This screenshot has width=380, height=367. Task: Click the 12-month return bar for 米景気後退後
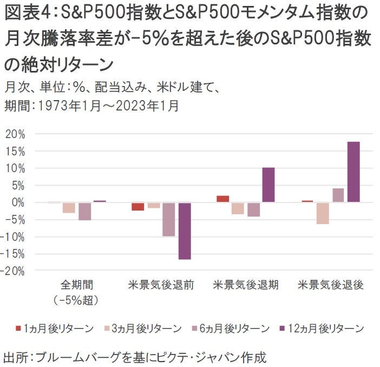click(x=353, y=172)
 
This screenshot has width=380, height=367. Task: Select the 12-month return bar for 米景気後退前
click(x=185, y=231)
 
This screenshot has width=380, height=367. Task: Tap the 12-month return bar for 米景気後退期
click(x=268, y=185)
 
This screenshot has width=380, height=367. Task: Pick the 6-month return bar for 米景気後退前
click(x=169, y=219)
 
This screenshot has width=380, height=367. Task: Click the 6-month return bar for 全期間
click(x=84, y=211)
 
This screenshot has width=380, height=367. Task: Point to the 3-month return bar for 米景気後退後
click(x=322, y=213)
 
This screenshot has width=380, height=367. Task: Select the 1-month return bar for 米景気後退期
click(x=222, y=199)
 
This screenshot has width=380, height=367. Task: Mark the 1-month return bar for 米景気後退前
click(x=137, y=206)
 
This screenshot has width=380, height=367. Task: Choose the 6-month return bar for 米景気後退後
click(x=338, y=195)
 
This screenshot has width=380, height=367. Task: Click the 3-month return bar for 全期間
click(x=69, y=207)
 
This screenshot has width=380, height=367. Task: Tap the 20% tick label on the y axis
click(x=15, y=134)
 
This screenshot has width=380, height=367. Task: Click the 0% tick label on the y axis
click(x=18, y=202)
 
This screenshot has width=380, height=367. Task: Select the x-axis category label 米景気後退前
click(x=161, y=285)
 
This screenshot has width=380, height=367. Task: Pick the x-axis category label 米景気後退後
click(x=331, y=285)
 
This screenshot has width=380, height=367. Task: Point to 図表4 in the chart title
click(x=28, y=11)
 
